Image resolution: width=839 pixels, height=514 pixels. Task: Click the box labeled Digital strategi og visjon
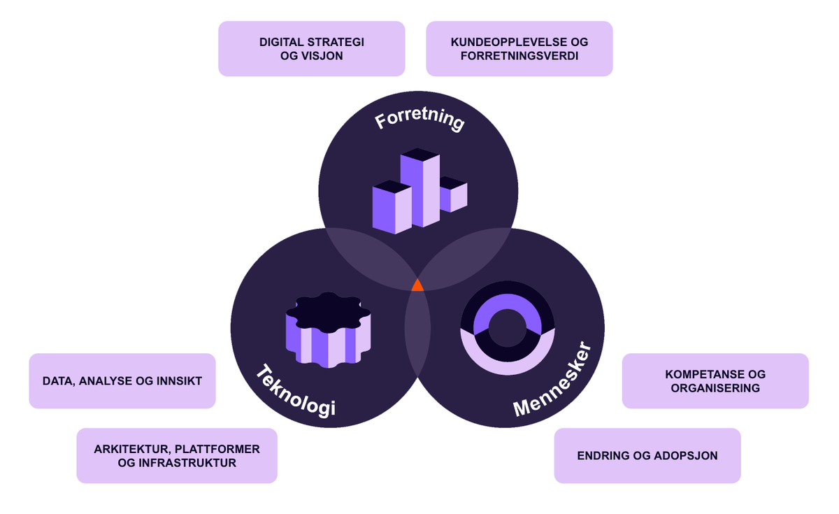point(311,48)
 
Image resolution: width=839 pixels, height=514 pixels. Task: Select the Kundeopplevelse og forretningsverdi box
point(519,48)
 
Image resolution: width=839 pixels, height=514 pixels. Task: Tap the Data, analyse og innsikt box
point(122,381)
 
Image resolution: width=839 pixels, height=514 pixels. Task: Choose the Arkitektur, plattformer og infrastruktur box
point(177,455)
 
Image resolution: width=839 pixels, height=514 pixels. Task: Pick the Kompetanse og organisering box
point(715,381)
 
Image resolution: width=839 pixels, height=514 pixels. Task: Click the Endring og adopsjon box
point(647,456)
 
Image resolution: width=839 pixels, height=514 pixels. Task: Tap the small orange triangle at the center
point(417,285)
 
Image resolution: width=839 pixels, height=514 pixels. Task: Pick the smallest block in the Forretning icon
point(452,194)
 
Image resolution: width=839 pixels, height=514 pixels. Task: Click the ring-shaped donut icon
point(507,328)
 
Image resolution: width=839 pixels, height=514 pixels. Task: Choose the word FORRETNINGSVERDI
point(519,55)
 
